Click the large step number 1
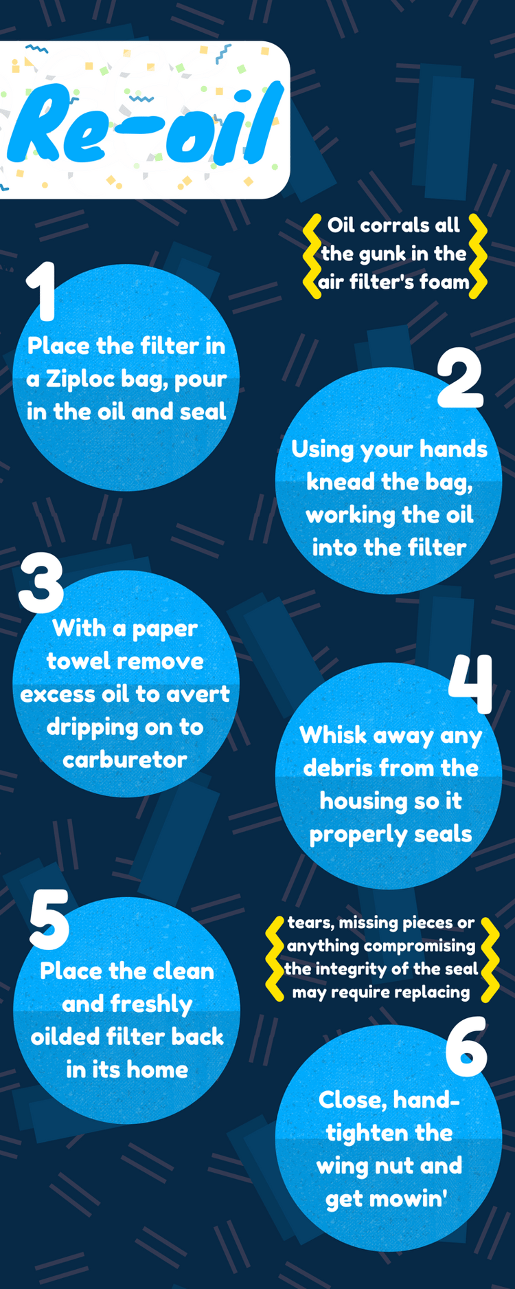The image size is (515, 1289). coord(43,291)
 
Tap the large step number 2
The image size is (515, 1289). coord(460,378)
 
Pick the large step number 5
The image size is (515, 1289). coord(49,919)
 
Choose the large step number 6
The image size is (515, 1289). coord(466,1047)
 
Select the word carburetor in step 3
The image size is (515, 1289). coord(125,760)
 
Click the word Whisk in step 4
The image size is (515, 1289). coord(333,735)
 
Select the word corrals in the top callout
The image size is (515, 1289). coord(394,225)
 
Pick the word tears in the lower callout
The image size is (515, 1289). coord(309,923)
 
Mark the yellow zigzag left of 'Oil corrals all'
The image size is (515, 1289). coord(312,256)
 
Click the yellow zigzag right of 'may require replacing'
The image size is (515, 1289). coord(490,958)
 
